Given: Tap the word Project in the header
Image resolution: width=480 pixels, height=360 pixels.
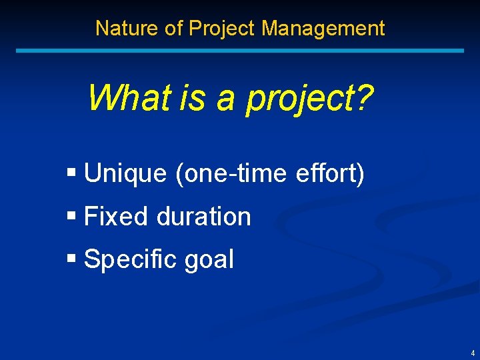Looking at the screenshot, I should (x=223, y=28).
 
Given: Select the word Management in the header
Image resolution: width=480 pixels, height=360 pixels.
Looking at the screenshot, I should (x=323, y=28).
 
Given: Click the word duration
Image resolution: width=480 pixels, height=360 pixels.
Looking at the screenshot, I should (x=203, y=217).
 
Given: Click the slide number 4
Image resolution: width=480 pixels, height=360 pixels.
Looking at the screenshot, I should (x=473, y=353).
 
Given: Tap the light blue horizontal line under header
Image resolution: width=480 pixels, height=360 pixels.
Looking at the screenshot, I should (x=240, y=50).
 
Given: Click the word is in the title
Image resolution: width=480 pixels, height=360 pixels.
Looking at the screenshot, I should (x=193, y=97).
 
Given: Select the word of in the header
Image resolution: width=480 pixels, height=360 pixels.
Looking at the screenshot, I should (x=174, y=28).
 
